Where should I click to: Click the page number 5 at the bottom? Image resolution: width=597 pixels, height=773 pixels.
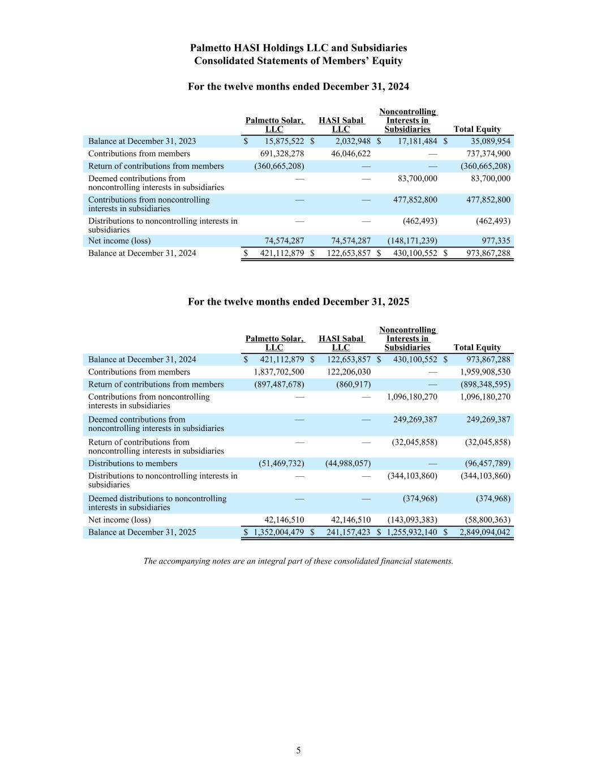pos(298,750)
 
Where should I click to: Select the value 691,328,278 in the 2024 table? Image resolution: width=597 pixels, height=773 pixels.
pos(282,153)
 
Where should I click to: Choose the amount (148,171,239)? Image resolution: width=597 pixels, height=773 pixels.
pos(412,241)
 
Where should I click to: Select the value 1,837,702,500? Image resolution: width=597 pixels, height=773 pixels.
pos(279,372)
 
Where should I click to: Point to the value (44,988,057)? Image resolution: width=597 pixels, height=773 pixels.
pos(348,463)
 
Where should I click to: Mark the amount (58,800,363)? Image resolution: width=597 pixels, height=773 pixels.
pos(486,520)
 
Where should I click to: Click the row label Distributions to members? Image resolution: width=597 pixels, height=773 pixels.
pos(132,463)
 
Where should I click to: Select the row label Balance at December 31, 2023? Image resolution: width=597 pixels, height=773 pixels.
pos(142,141)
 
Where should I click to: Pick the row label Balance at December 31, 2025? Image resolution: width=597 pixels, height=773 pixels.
pos(142,532)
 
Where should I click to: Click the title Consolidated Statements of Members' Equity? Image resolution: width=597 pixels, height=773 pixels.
pos(298,61)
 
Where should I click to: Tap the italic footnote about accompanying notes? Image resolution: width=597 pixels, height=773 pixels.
pos(298,561)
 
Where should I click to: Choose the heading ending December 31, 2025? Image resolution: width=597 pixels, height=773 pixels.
pos(298,302)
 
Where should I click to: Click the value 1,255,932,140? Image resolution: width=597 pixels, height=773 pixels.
pos(411,532)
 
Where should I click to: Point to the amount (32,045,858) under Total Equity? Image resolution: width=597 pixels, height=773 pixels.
pos(486,442)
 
